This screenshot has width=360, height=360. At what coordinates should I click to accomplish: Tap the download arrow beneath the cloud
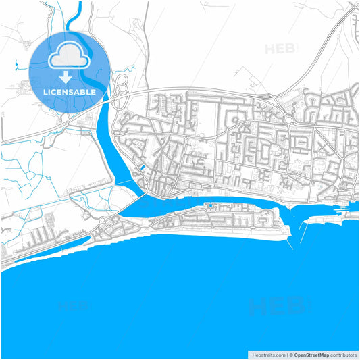point(66,77)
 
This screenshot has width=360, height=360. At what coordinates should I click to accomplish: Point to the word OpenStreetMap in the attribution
point(311,354)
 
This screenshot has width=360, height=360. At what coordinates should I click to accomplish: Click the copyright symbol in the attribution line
point(290,354)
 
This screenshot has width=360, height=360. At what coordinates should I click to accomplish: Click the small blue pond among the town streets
point(142,168)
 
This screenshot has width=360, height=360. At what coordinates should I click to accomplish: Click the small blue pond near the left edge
point(13,66)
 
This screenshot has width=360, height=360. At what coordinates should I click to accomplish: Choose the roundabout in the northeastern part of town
point(288,120)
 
